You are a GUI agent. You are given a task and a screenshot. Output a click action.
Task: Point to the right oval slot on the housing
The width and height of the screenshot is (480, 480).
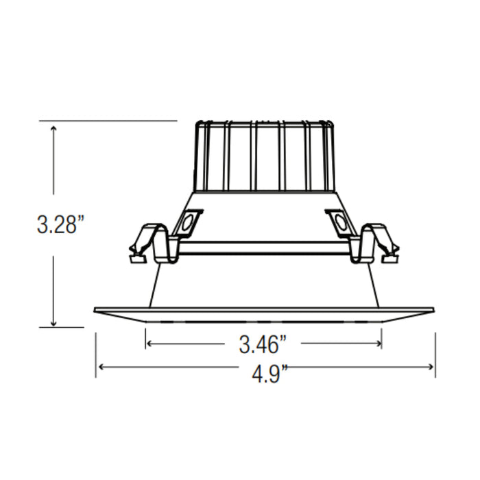pyautogui.click(x=339, y=222)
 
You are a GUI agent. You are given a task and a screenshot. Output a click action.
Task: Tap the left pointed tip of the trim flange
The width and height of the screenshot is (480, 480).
pyautogui.click(x=95, y=310)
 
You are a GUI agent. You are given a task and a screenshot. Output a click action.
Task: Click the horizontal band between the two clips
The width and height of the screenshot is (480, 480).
pyautogui.click(x=263, y=248)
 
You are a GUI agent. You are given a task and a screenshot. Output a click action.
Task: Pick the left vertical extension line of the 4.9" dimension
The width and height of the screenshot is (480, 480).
pyautogui.click(x=96, y=353)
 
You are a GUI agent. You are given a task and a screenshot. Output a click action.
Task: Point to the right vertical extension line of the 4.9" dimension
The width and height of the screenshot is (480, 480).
pyautogui.click(x=435, y=353)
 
